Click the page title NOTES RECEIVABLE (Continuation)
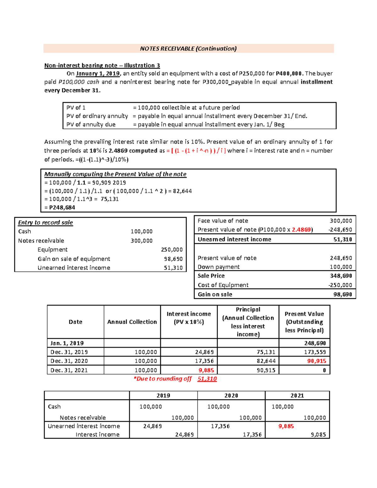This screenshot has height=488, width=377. click(x=188, y=48)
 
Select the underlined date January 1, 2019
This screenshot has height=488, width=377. click(x=98, y=74)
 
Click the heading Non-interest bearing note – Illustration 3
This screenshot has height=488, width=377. click(x=102, y=65)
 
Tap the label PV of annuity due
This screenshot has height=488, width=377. click(x=91, y=124)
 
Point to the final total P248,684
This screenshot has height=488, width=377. click(x=60, y=207)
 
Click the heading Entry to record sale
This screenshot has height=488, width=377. click(x=45, y=222)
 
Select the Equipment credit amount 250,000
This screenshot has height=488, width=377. click(x=172, y=249)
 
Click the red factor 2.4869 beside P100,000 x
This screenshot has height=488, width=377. click(x=301, y=230)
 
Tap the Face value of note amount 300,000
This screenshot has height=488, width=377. click(x=341, y=221)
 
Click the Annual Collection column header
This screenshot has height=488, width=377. click(x=132, y=322)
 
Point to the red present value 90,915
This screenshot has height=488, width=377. click(x=316, y=361)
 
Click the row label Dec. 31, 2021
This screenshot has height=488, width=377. click(x=69, y=370)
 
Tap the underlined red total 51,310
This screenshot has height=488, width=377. click(x=207, y=379)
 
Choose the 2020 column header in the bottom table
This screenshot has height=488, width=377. click(x=231, y=396)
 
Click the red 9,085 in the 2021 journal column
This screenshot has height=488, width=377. click(x=286, y=426)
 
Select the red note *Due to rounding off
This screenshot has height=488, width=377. click(x=162, y=379)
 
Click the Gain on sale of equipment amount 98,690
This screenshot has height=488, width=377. click(x=173, y=259)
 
